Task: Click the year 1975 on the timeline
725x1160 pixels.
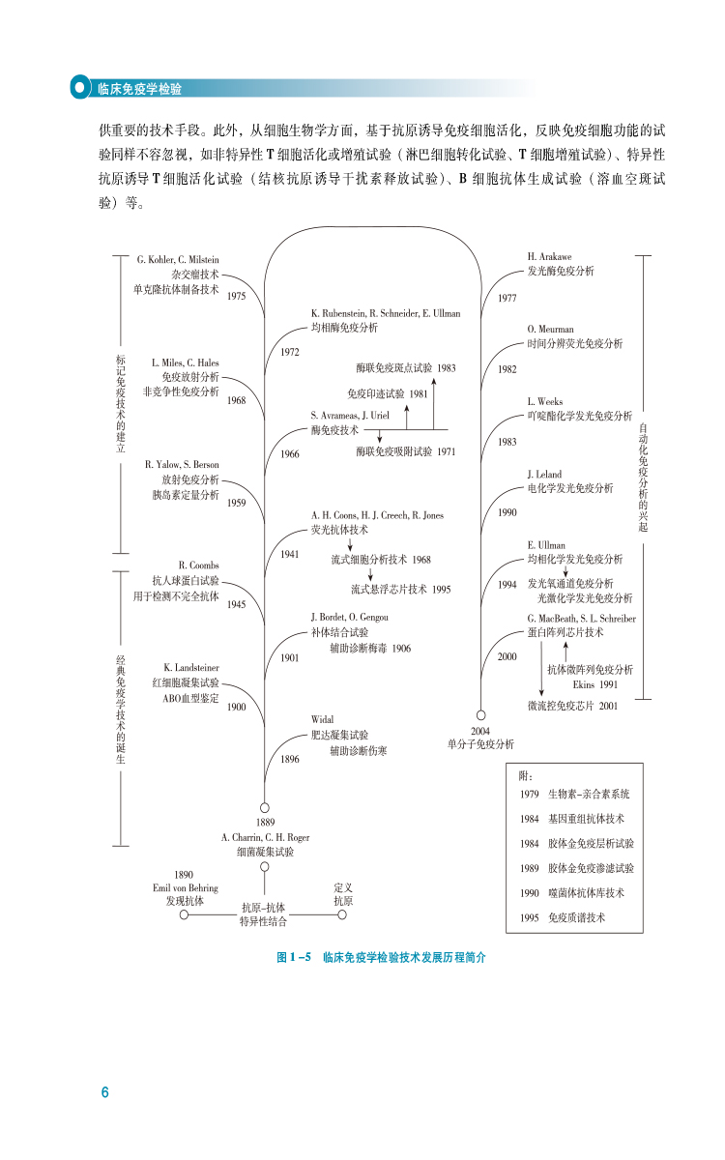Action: point(237,297)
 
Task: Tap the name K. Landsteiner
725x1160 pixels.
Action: point(191,667)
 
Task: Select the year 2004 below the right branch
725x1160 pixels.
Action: point(480,731)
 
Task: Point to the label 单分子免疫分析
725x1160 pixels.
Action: point(480,744)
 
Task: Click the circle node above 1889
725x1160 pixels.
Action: point(264,807)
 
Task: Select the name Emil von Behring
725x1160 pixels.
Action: point(185,887)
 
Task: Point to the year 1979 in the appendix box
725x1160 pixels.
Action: point(529,794)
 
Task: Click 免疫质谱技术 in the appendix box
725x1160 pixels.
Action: point(577,917)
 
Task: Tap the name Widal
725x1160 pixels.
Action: point(323,719)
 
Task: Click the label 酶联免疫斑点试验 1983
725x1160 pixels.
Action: point(406,368)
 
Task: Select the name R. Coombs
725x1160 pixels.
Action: point(199,565)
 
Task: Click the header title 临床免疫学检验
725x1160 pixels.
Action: point(140,88)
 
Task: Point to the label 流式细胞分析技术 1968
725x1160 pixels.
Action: point(381,560)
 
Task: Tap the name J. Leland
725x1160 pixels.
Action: point(545,474)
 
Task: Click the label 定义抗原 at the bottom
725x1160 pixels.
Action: point(343,893)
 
